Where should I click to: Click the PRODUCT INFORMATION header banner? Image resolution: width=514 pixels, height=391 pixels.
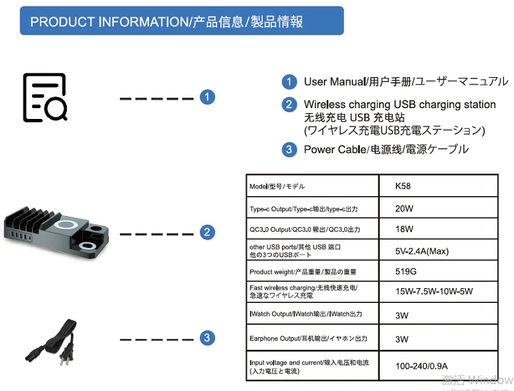coord(182,21)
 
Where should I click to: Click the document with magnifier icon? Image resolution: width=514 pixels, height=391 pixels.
coord(45,98)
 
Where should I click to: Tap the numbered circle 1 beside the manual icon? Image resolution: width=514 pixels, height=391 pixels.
coord(206,98)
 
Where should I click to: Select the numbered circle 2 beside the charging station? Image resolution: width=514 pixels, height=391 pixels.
coord(206,232)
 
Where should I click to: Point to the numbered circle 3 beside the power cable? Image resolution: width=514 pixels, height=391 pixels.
coord(206,338)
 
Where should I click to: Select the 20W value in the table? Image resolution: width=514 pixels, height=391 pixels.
coord(404,208)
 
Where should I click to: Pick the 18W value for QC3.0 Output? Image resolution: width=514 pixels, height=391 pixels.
coord(404,229)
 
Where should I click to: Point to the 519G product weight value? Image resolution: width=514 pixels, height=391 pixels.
coord(406,271)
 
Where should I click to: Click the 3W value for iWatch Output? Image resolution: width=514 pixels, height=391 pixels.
coord(402,316)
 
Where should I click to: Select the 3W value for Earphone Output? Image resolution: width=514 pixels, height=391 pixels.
coord(402,339)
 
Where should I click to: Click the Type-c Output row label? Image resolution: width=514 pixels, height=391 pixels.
coord(303,209)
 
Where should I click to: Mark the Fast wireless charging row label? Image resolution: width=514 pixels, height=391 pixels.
coord(303,291)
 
